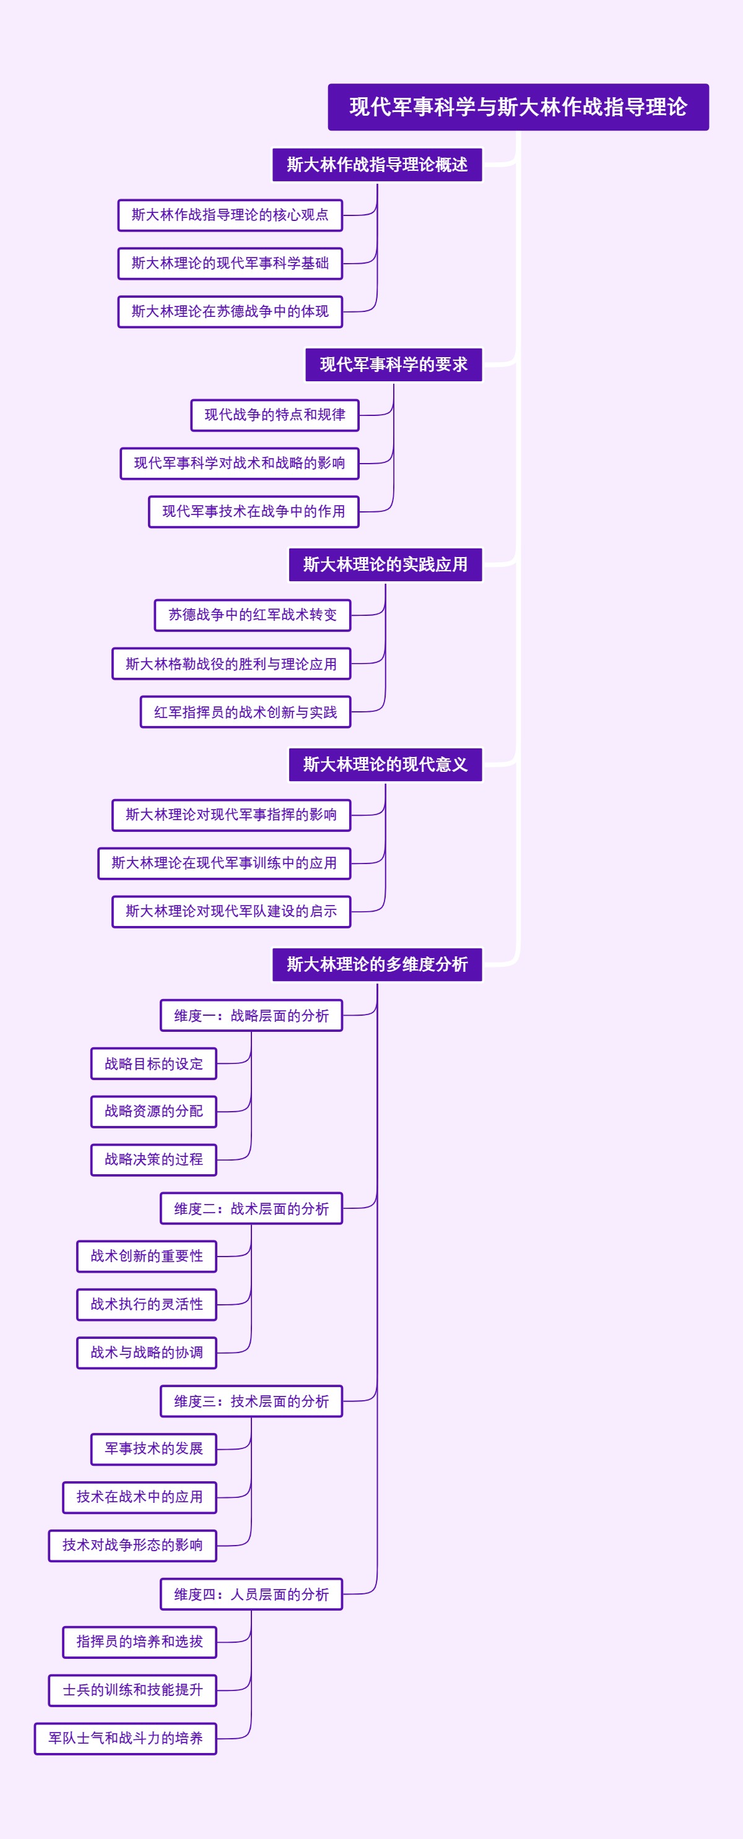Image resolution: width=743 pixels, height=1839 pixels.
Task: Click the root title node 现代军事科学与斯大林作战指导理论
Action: [x=518, y=107]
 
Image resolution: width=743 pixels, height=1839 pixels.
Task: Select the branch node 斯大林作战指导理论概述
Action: [x=377, y=165]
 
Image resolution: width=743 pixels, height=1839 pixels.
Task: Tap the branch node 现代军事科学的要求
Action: [x=394, y=365]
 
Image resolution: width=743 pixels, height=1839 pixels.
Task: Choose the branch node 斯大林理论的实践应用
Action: [x=385, y=565]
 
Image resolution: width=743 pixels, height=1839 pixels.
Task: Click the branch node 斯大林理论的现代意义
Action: [x=385, y=764]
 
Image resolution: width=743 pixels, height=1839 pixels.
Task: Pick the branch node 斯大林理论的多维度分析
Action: [x=377, y=964]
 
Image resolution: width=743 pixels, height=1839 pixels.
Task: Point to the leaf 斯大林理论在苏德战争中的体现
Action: [x=230, y=312]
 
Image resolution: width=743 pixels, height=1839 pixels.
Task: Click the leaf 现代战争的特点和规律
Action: [x=274, y=415]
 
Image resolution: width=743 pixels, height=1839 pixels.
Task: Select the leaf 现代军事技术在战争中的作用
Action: [x=254, y=512]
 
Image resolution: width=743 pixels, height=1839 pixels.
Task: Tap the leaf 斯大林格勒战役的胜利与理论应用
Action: [x=232, y=664]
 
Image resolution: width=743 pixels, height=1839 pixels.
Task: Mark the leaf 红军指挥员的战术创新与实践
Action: [x=245, y=712]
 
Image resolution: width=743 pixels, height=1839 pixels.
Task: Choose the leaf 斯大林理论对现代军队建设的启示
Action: [x=232, y=912]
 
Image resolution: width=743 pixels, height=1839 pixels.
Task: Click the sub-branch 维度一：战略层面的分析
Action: [x=251, y=1016]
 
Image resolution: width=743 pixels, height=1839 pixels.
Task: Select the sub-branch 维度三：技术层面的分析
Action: [x=251, y=1401]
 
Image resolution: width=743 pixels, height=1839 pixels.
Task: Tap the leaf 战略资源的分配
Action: [x=154, y=1112]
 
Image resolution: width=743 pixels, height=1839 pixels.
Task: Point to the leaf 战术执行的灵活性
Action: [x=147, y=1304]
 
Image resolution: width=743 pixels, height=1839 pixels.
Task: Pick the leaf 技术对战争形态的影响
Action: [x=132, y=1546]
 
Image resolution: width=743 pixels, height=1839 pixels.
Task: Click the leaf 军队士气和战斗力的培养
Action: [x=125, y=1738]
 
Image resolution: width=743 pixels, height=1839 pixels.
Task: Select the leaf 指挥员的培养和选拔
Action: [x=139, y=1642]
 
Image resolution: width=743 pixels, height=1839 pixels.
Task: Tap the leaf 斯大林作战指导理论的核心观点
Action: [x=230, y=215]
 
